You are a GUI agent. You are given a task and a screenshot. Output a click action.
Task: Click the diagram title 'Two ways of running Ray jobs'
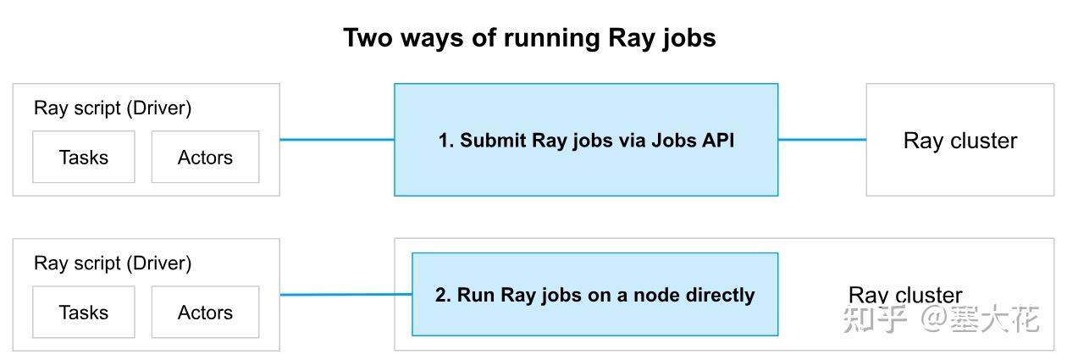click(529, 38)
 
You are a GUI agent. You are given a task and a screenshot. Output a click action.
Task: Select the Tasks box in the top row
click(83, 157)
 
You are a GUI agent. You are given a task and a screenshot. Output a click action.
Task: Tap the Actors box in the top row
click(205, 157)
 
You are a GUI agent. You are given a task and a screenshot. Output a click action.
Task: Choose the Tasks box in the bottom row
click(83, 312)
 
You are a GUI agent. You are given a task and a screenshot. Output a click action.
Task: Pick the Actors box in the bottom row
click(205, 312)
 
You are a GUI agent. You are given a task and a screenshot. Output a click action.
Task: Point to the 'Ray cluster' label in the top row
click(960, 141)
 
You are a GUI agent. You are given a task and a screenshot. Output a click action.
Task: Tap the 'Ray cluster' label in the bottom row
click(904, 295)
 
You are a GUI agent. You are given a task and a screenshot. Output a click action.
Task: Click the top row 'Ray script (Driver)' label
click(113, 108)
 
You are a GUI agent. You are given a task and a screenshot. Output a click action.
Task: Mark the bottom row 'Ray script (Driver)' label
click(113, 263)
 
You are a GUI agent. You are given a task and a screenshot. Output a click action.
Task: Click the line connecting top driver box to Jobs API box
click(336, 140)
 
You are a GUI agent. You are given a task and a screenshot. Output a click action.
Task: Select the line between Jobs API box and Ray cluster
click(821, 140)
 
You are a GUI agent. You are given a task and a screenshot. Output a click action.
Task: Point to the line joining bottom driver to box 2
click(346, 295)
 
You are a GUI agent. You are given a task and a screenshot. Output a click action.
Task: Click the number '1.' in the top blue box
click(446, 141)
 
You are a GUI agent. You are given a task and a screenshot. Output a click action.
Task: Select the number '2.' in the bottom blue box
click(443, 296)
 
